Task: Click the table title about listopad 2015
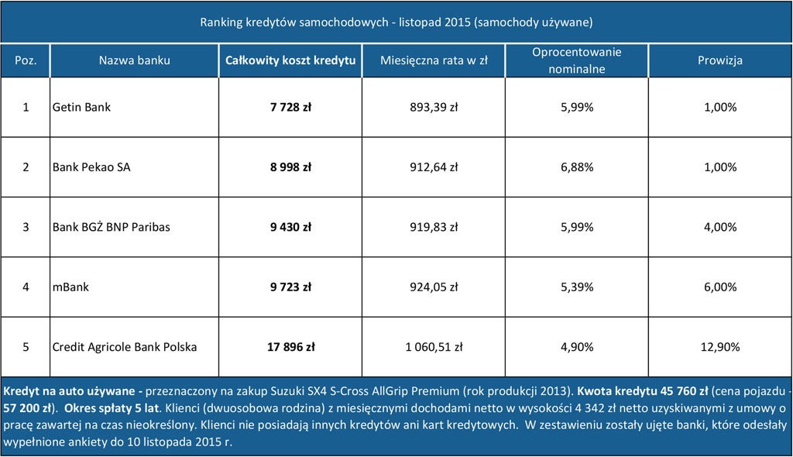coord(396,22)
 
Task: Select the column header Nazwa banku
coord(135,60)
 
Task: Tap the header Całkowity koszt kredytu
coord(290,60)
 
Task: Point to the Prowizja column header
coord(720,60)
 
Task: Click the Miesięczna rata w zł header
coord(433,60)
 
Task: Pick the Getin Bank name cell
coord(81,108)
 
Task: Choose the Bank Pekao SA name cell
coord(91,167)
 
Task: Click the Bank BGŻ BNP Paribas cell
coord(111,227)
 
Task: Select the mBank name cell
coord(70,287)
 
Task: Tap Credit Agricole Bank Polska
coord(124,347)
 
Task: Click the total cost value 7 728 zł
coord(290,108)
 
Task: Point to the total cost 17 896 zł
coord(290,347)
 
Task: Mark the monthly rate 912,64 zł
coord(433,167)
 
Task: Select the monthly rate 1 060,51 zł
coord(433,347)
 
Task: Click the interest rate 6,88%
coord(576,167)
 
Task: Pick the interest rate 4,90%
coord(576,347)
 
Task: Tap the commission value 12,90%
coord(720,347)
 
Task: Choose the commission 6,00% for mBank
coord(720,287)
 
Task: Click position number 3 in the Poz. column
coord(26,227)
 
